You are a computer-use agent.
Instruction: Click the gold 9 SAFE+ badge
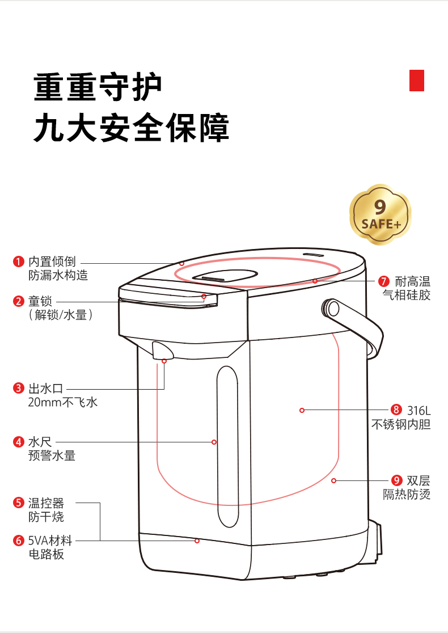click(x=380, y=214)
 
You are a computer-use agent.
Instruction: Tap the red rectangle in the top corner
click(x=416, y=81)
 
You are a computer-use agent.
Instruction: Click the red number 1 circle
click(x=19, y=261)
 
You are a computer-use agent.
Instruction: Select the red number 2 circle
click(x=19, y=301)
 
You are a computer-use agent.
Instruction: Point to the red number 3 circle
click(x=19, y=389)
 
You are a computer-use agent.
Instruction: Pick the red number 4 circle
click(x=19, y=442)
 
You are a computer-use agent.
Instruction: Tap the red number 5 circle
click(x=19, y=503)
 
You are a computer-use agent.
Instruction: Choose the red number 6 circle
click(x=19, y=540)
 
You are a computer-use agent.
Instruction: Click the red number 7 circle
click(x=384, y=281)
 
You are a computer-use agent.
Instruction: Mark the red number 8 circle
click(x=396, y=410)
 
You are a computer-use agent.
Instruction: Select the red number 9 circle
click(x=396, y=480)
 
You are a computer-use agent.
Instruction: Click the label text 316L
click(x=419, y=411)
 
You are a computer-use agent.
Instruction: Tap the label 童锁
click(x=40, y=301)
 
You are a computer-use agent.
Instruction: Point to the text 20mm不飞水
click(x=63, y=402)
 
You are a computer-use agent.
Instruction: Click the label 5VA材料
click(x=50, y=540)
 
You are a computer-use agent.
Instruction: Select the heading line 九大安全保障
click(x=131, y=128)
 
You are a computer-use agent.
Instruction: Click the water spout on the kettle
click(x=162, y=350)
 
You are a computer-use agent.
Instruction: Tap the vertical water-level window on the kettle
click(x=227, y=446)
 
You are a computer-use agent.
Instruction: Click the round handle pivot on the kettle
click(x=332, y=309)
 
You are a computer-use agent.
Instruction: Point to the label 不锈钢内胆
click(x=401, y=424)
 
